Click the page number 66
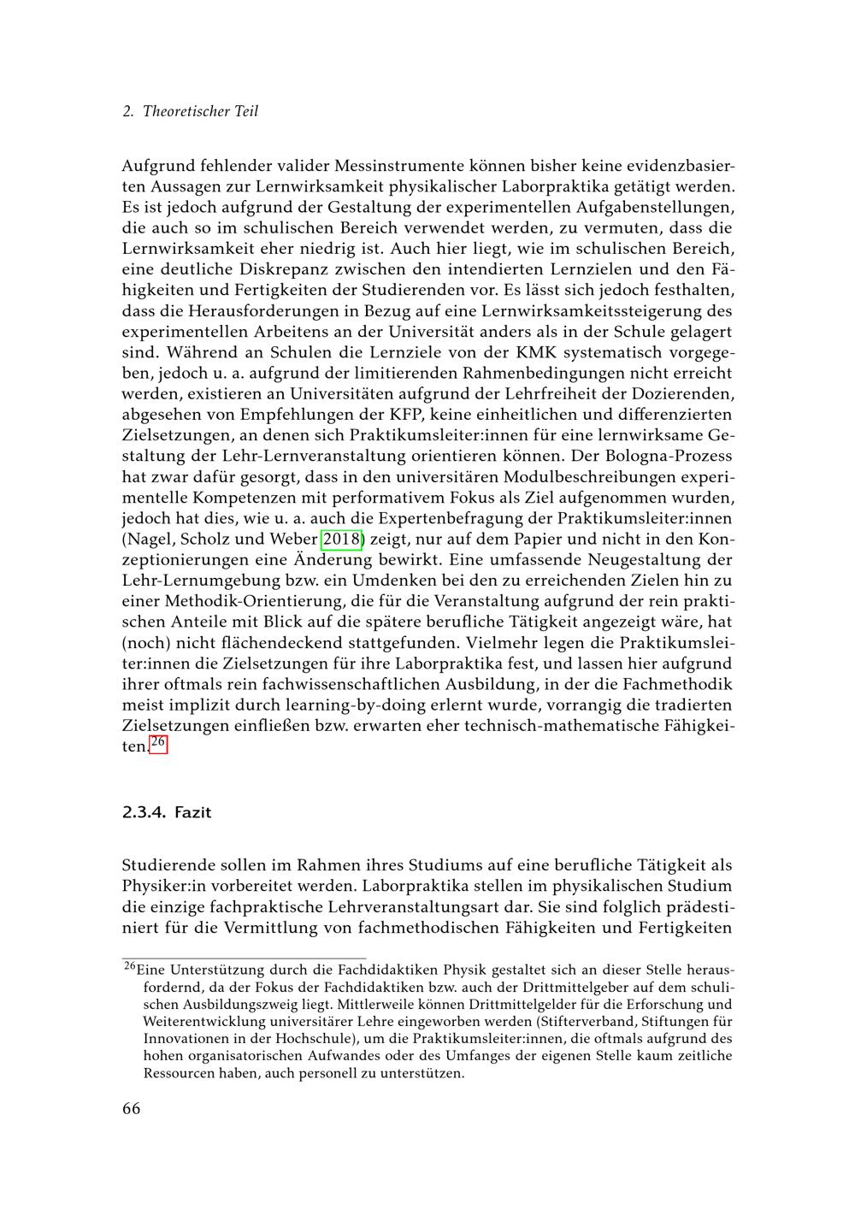[131, 1109]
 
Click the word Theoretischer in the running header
[183, 112]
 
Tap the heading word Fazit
[192, 812]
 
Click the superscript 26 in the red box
[158, 743]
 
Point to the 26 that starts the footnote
[130, 967]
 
